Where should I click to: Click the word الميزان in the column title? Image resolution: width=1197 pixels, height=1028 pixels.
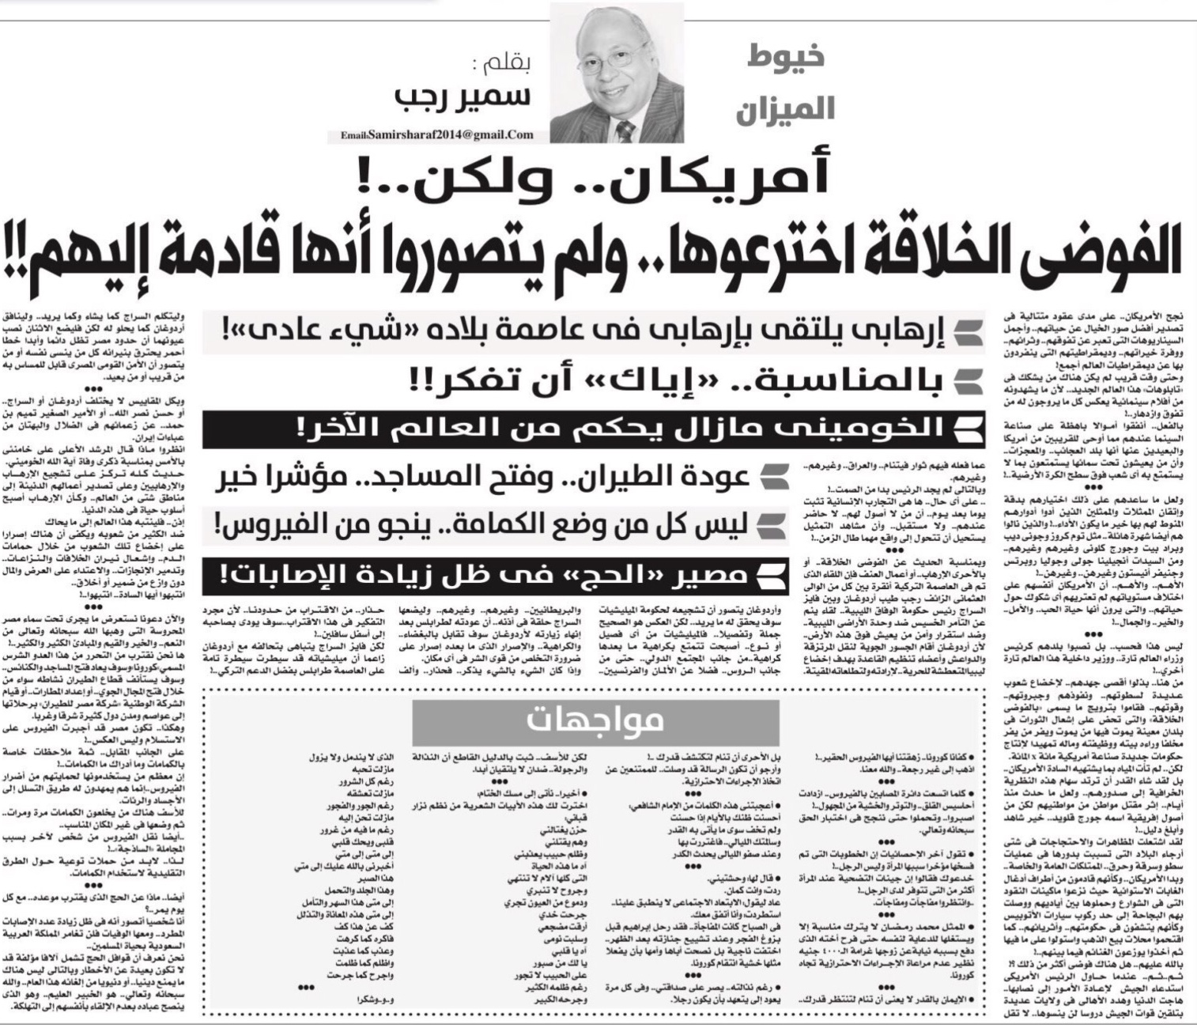[786, 109]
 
